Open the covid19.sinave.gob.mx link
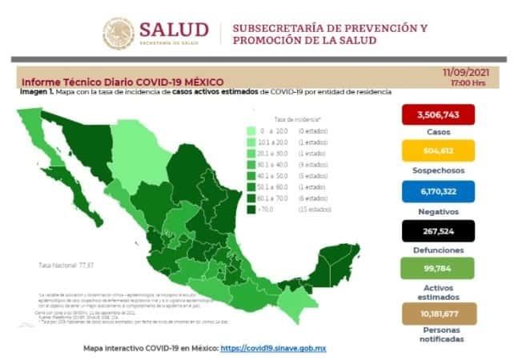272,349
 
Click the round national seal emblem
118,34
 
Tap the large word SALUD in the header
174,30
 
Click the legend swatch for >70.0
251,210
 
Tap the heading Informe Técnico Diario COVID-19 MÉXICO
122,82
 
